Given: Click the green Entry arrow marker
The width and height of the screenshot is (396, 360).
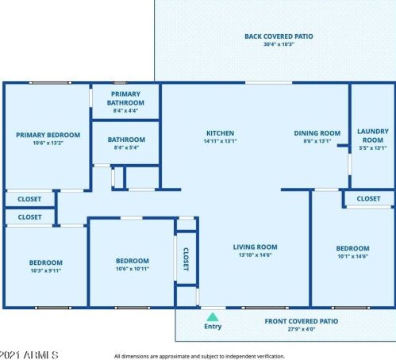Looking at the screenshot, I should click(212, 316).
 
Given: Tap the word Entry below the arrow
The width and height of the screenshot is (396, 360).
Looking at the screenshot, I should click(213, 326).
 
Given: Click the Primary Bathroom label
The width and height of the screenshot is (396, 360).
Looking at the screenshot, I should click(126, 98).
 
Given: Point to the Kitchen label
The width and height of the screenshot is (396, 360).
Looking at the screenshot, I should click(220, 132).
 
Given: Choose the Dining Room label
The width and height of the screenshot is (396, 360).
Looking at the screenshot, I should click(317, 133).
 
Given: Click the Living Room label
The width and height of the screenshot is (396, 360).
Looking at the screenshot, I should click(255, 247).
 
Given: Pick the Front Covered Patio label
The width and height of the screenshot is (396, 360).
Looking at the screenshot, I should click(301, 321).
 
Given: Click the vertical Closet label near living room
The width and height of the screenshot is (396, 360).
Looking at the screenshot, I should click(186, 259).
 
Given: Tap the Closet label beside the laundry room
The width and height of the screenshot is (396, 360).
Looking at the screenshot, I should click(368, 198).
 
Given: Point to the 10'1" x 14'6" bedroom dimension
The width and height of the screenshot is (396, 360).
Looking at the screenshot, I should click(352, 256).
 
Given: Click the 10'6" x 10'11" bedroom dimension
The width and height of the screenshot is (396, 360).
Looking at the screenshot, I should click(132, 269).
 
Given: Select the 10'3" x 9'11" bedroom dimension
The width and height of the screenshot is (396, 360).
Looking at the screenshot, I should click(45, 270).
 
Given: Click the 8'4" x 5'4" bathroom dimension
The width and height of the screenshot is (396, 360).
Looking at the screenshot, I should click(126, 147).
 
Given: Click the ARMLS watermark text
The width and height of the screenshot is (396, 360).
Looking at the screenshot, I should click(29, 354).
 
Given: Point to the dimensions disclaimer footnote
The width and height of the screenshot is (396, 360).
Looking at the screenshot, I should click(199, 356).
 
